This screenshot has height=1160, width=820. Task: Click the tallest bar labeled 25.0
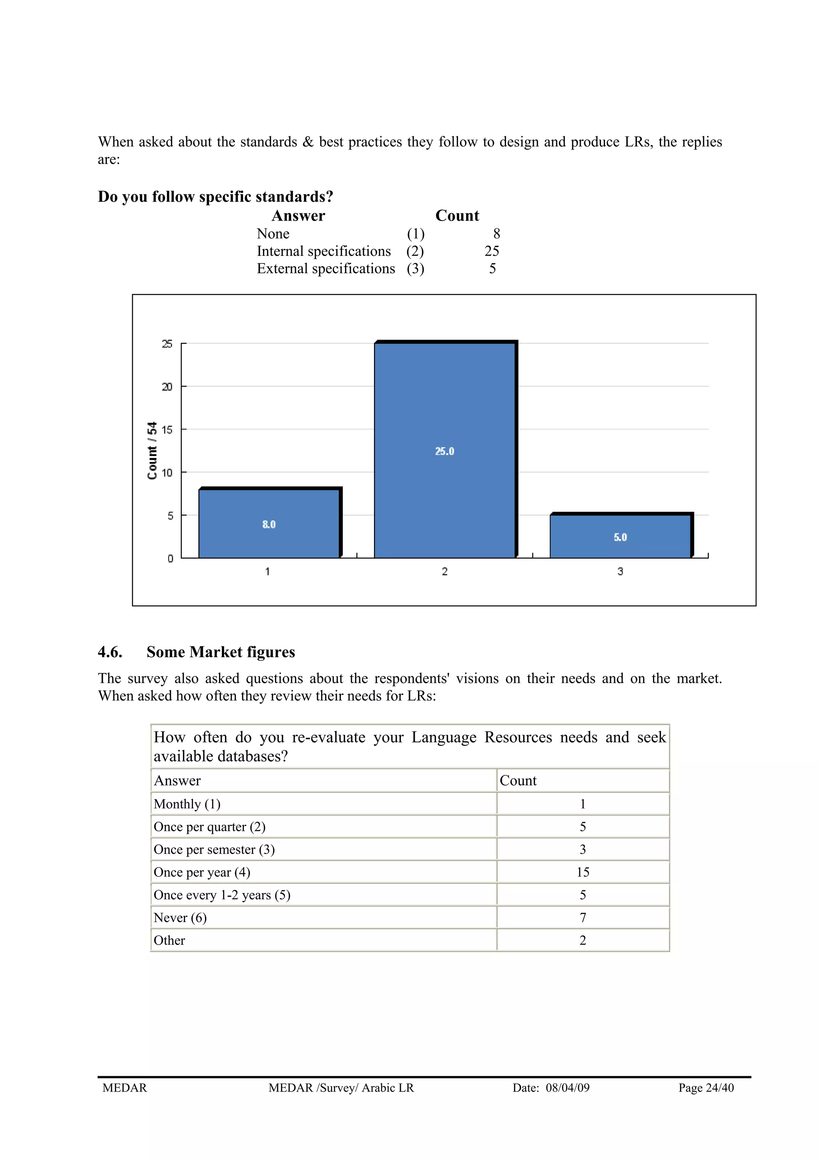(444, 450)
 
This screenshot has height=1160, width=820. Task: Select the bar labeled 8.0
(269, 523)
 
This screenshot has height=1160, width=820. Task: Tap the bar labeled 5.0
(621, 537)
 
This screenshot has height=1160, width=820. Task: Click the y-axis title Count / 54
(152, 450)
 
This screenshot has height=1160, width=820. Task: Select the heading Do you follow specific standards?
(215, 197)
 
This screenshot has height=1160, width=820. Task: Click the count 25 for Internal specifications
(492, 251)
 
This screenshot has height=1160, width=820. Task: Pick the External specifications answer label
(326, 269)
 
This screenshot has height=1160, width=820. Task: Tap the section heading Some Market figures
(220, 652)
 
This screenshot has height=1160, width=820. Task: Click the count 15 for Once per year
(583, 872)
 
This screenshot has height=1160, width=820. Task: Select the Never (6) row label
(180, 917)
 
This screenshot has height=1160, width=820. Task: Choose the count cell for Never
(583, 917)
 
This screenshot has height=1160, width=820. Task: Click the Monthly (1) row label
(187, 804)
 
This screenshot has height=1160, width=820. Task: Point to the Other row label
(169, 940)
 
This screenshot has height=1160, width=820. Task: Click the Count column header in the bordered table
(518, 780)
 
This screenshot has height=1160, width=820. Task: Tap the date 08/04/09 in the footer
(567, 1088)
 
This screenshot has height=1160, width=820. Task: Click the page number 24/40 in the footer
(720, 1088)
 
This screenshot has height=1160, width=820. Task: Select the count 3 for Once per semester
(583, 849)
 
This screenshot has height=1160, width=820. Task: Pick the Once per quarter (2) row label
(209, 826)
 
